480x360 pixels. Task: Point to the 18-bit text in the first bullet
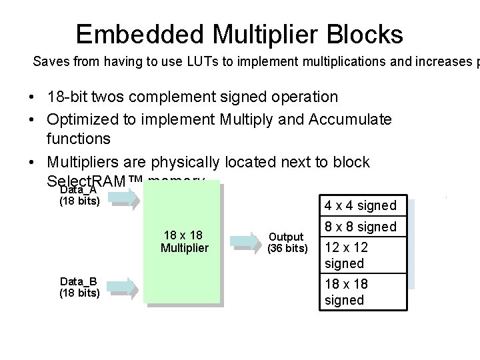tap(70, 97)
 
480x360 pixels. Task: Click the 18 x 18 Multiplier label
tap(184, 242)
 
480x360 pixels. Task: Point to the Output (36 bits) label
tap(287, 243)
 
